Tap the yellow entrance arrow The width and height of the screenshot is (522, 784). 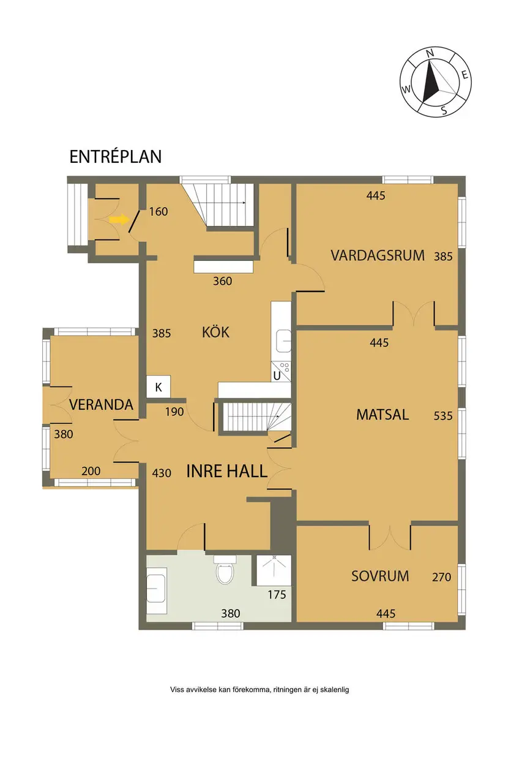coord(119,219)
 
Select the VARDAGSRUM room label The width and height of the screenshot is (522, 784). coord(378,255)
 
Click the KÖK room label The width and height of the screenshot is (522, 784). coord(216,331)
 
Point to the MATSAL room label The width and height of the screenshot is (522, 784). coord(382,415)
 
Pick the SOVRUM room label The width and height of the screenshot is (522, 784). coord(380,576)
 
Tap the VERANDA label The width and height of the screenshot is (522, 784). coord(101,405)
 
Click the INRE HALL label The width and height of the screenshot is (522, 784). coord(227,471)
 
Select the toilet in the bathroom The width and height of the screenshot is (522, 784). coord(224,569)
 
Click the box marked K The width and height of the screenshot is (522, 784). coord(158,386)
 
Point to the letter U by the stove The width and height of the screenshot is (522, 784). coord(277,376)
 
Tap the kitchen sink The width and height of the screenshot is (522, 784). coord(283,341)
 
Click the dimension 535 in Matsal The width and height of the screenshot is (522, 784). coord(443,416)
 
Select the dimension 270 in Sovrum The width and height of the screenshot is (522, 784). coord(442,577)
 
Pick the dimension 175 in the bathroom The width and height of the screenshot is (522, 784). coord(277,594)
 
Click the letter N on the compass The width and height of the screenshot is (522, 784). coord(430,53)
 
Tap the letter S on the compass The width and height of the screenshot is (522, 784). coord(444,110)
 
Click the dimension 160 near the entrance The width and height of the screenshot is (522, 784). coord(158,211)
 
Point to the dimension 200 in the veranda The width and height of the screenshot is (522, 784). coord(91,471)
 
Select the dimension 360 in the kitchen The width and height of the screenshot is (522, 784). coord(223,281)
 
